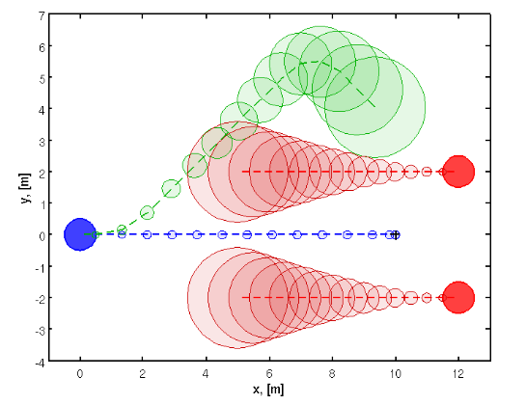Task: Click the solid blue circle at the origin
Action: (80, 234)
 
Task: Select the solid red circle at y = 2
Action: (458, 172)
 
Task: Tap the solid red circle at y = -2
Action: (458, 297)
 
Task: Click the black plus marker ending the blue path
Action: (395, 234)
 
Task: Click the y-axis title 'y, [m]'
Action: (22, 188)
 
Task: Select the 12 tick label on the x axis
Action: (458, 373)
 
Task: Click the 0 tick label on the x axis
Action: (80, 373)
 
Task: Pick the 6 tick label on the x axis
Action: (269, 373)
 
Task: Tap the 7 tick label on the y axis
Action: (41, 15)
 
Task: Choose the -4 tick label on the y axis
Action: (38, 361)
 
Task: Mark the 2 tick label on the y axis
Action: (41, 172)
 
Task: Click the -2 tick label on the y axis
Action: (38, 298)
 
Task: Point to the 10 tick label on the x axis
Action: (395, 373)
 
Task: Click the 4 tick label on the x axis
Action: (207, 373)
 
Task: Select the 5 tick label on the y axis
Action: (41, 78)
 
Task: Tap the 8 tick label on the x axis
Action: (332, 373)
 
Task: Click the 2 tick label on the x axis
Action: (143, 373)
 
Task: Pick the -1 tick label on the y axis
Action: (38, 266)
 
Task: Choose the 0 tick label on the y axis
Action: (41, 235)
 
